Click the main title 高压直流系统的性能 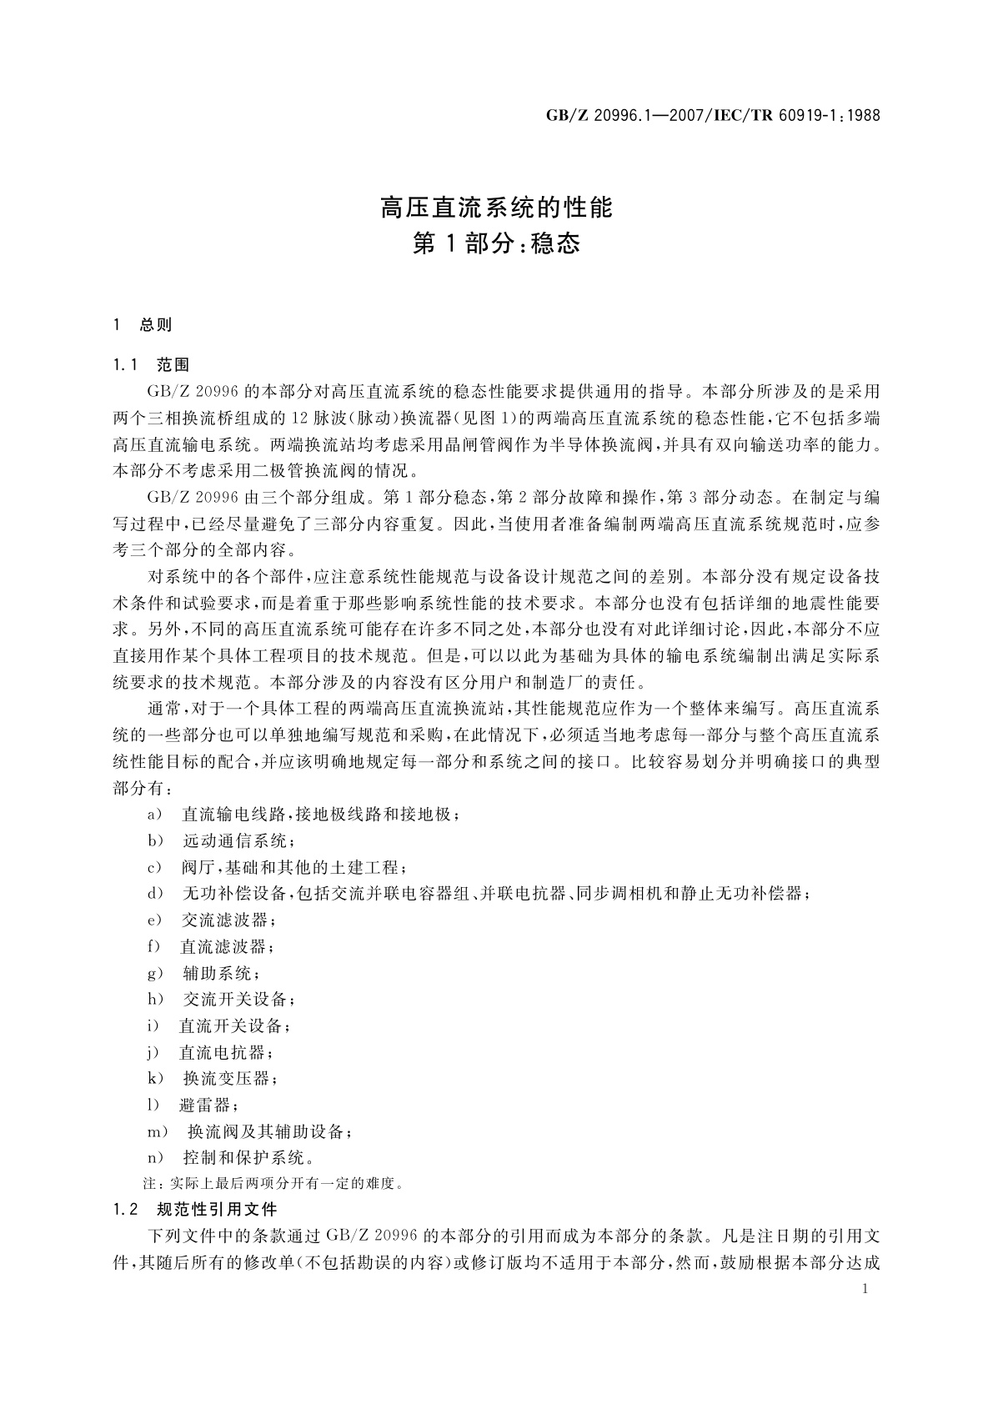click(x=496, y=207)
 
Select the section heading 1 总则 click(x=143, y=325)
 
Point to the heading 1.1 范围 click(x=152, y=364)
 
